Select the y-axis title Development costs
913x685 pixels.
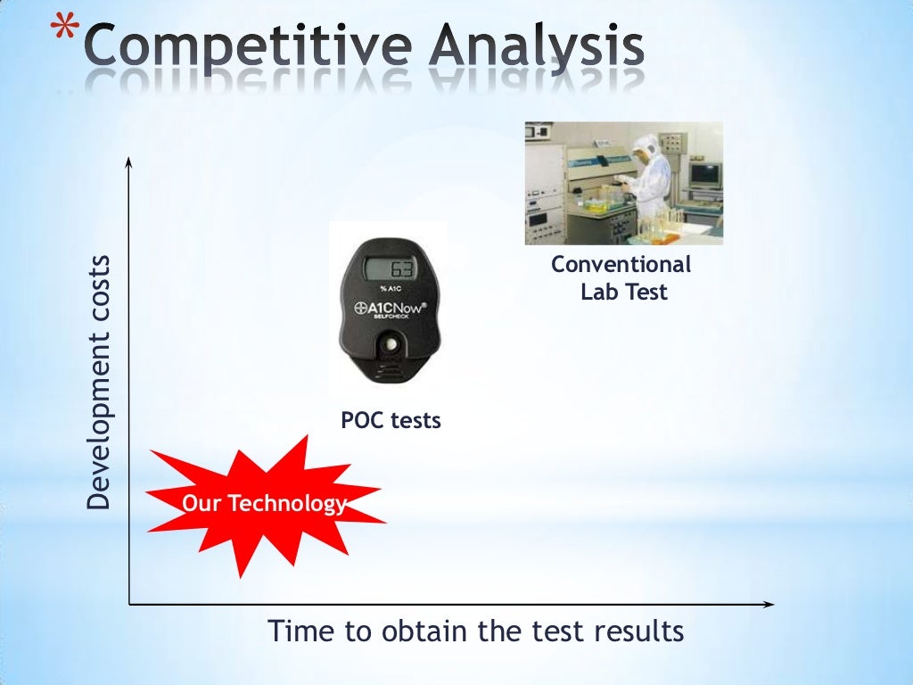100,382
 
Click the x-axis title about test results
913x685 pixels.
476,631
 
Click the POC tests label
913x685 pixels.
391,420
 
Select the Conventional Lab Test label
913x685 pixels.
622,278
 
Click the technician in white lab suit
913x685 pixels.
644,178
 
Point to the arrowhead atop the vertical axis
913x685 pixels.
129,161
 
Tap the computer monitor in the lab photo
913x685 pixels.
704,174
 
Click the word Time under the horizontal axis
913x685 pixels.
300,631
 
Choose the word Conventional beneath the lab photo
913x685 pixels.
621,265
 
